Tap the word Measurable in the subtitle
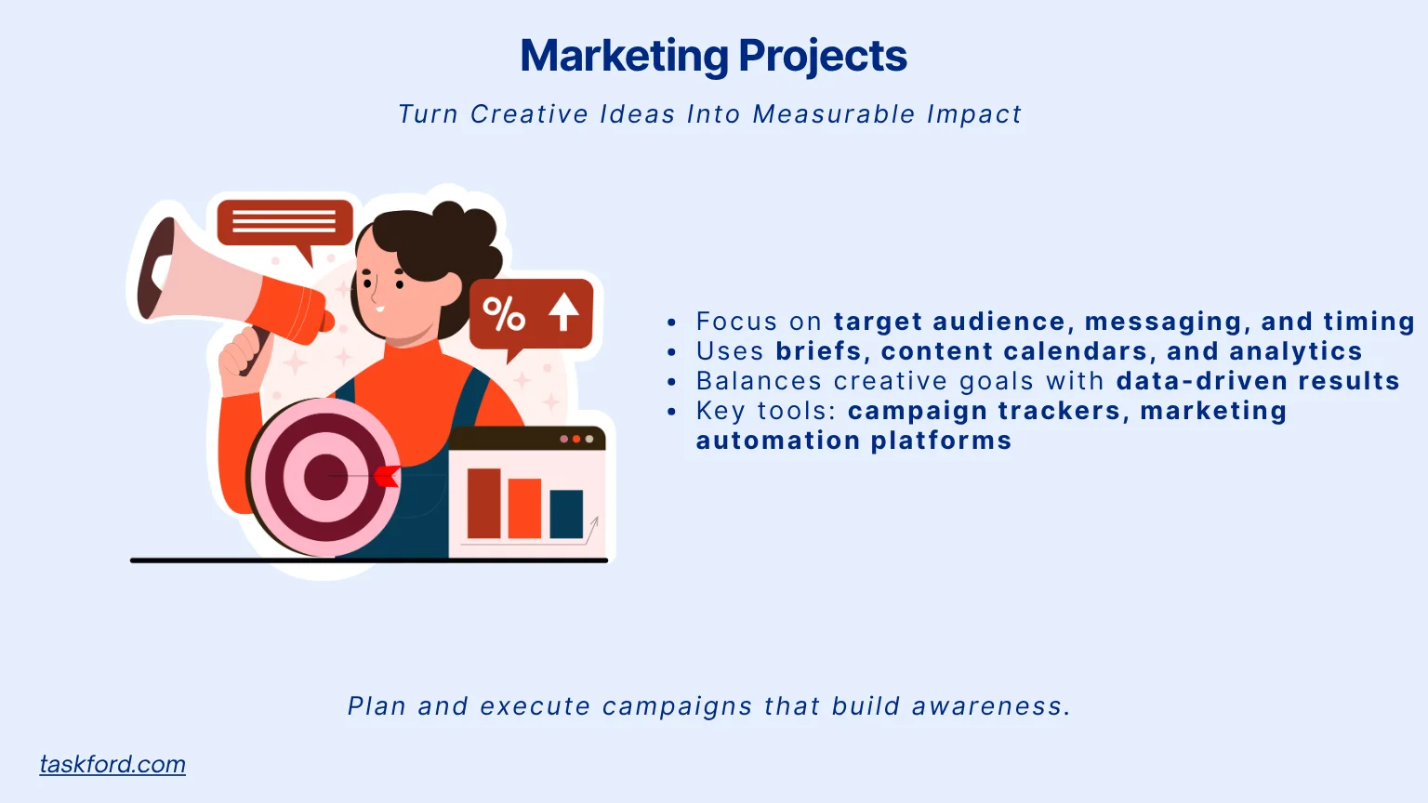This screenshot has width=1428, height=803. tap(834, 114)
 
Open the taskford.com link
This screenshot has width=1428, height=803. tap(112, 764)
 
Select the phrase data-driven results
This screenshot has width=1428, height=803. tap(1258, 381)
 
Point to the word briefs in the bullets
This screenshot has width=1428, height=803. tap(819, 351)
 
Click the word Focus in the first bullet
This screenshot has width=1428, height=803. tap(736, 322)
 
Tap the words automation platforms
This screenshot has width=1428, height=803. tap(853, 441)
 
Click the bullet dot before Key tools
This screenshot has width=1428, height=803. tap(672, 412)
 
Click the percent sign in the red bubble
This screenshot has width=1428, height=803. tap(504, 314)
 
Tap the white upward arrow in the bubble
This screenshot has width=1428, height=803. tap(563, 311)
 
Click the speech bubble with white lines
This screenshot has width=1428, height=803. tap(284, 223)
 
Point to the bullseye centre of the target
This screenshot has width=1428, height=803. tap(324, 476)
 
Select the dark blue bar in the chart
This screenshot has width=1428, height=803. tap(566, 513)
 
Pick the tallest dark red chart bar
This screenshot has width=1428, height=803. tap(483, 503)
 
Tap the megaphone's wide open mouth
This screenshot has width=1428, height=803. tap(154, 270)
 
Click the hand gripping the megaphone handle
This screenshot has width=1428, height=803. tap(240, 354)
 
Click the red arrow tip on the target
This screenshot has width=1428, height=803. tap(386, 477)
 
